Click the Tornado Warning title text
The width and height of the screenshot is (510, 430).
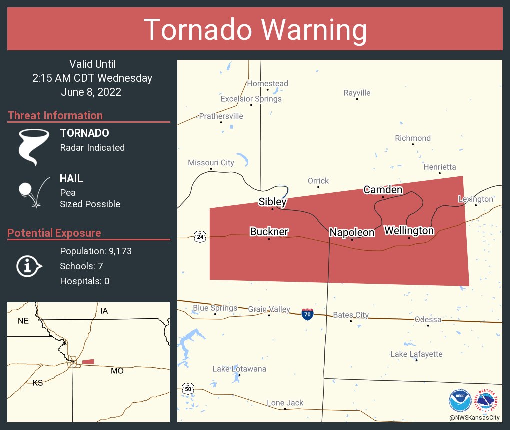pyautogui.click(x=255, y=30)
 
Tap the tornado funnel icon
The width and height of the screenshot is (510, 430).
pyautogui.click(x=33, y=147)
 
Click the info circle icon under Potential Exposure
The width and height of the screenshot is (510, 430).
pyautogui.click(x=29, y=266)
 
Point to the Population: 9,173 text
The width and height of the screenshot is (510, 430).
pyautogui.click(x=96, y=251)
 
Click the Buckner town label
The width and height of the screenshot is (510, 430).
pyautogui.click(x=269, y=231)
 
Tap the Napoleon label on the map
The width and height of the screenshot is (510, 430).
pyautogui.click(x=351, y=232)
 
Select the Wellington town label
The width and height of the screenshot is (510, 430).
pyautogui.click(x=409, y=230)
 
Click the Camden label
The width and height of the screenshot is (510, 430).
pyautogui.click(x=383, y=189)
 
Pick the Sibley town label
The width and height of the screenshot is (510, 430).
pyautogui.click(x=272, y=201)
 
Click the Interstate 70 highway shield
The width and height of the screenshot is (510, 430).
pyautogui.click(x=308, y=314)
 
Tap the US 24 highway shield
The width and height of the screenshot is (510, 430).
pyautogui.click(x=200, y=236)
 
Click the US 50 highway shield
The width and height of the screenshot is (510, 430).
pyautogui.click(x=187, y=388)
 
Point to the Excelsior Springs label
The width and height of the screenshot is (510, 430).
pyautogui.click(x=251, y=98)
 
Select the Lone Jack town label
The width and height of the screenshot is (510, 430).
pyautogui.click(x=285, y=402)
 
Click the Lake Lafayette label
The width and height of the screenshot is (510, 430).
pyautogui.click(x=416, y=354)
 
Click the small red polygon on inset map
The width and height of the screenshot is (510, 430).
pyautogui.click(x=88, y=361)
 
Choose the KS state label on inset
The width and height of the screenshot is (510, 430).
pyautogui.click(x=37, y=383)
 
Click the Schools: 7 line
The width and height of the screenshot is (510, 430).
pyautogui.click(x=81, y=266)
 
